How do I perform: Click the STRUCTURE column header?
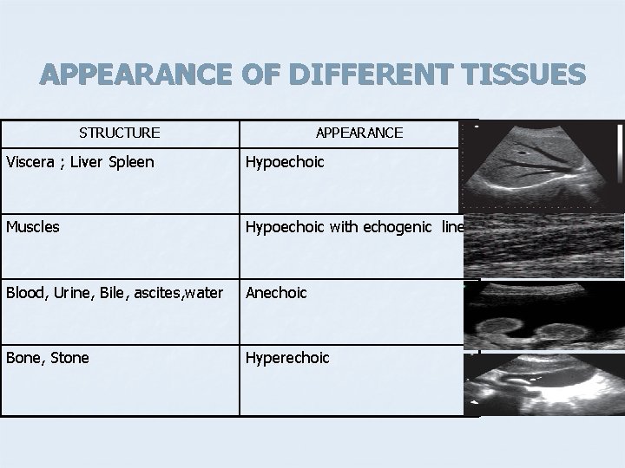pos(119,133)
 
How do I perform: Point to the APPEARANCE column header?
pos(359,133)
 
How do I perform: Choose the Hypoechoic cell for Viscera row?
pos(285,162)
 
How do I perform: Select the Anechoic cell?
pos(276,292)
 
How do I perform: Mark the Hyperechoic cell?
pos(287,357)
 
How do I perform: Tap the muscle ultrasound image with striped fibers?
pos(543,245)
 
